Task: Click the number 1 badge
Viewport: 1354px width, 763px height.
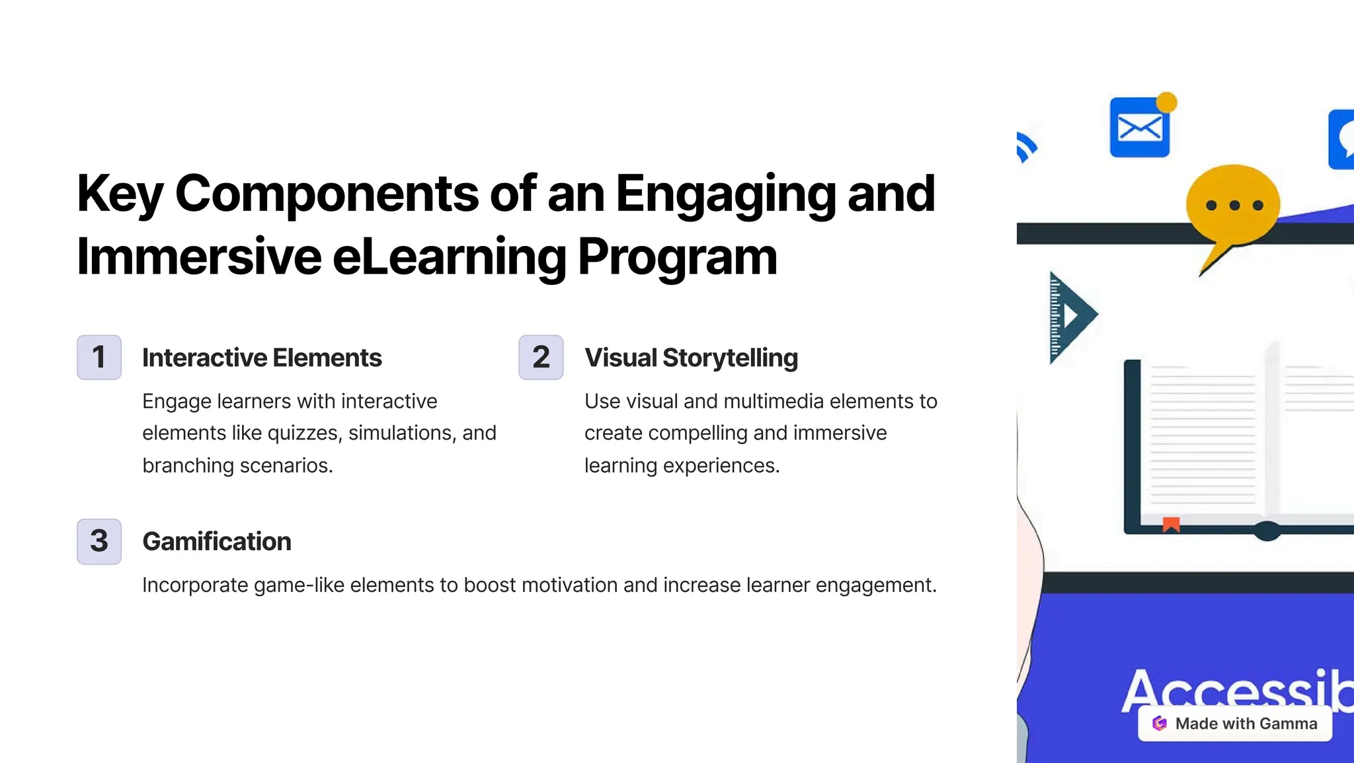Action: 99,357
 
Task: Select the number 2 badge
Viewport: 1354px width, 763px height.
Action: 541,357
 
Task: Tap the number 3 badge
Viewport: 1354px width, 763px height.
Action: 99,541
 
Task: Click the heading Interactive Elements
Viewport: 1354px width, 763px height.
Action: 262,358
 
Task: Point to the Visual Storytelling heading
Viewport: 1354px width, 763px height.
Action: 691,358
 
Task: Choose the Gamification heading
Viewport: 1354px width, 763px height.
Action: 217,542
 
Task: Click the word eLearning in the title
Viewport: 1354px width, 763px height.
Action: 449,257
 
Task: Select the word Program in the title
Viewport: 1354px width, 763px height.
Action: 677,257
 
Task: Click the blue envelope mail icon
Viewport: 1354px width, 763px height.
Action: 1139,128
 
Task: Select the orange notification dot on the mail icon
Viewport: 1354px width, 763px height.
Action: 1167,102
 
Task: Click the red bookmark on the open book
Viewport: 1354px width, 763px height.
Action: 1171,525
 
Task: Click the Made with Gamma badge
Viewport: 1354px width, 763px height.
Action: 1234,723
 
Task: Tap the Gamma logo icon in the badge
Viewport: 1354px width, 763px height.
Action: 1160,723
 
